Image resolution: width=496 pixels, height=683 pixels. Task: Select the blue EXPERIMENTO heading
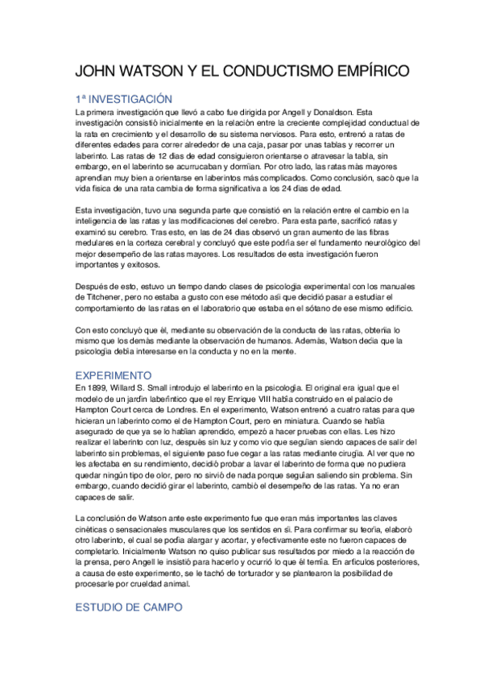click(x=114, y=375)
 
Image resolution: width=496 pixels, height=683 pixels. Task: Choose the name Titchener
click(x=98, y=298)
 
